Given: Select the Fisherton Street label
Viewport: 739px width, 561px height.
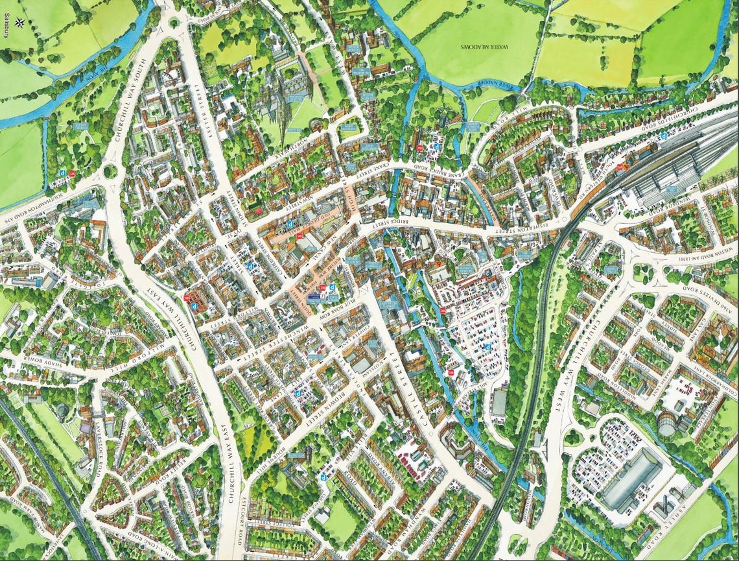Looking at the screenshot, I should point(519,230).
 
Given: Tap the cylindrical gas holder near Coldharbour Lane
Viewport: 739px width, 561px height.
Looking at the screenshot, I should point(668,424).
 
